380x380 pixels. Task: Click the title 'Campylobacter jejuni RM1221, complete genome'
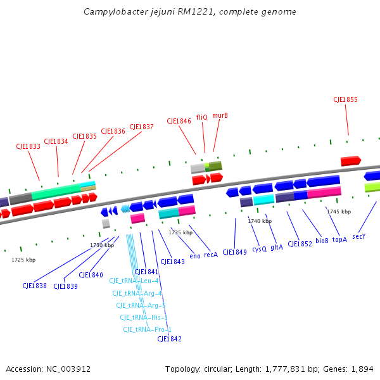point(190,12)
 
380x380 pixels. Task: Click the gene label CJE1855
point(345,99)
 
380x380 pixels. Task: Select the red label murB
point(220,116)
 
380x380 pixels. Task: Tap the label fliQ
point(202,117)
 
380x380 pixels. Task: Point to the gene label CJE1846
point(179,121)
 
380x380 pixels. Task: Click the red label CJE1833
point(28,146)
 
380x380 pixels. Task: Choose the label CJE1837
point(141,127)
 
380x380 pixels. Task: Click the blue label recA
point(211,255)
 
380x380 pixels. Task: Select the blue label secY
point(359,236)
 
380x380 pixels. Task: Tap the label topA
point(340,240)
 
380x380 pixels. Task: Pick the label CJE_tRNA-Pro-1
point(147,329)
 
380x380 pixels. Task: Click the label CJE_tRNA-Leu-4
point(134,281)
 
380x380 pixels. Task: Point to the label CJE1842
point(170,339)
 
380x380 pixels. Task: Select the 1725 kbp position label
point(23,260)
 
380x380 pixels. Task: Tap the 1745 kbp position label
point(339,212)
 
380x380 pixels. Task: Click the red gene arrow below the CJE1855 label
point(350,161)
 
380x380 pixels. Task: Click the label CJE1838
point(34,286)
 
